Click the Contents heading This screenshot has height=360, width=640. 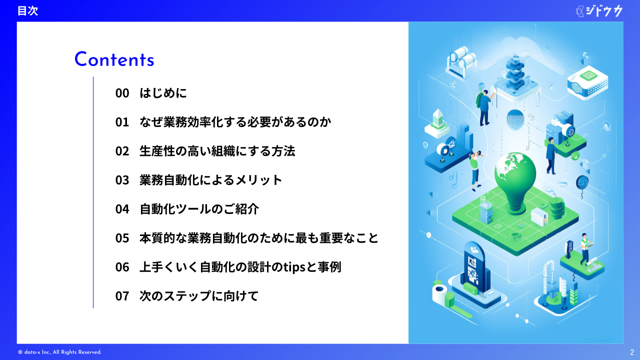pyautogui.click(x=114, y=59)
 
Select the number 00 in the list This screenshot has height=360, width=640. pyautogui.click(x=122, y=93)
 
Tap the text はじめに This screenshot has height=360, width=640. pyautogui.click(x=163, y=93)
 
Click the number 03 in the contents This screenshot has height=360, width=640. pyautogui.click(x=122, y=180)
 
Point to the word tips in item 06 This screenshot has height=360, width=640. pyautogui.click(x=294, y=267)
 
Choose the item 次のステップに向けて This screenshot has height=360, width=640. pyautogui.click(x=199, y=295)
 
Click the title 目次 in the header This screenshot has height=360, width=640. pyautogui.click(x=27, y=11)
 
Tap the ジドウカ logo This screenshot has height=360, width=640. pyautogui.click(x=599, y=11)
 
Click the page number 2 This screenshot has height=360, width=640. pyautogui.click(x=632, y=352)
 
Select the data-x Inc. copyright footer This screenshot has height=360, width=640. pyautogui.click(x=59, y=352)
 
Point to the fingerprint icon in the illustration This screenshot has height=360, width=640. pyautogui.click(x=515, y=119)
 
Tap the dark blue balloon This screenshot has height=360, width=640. pyautogui.click(x=582, y=183)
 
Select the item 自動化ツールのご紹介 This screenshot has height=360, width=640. pyautogui.click(x=199, y=209)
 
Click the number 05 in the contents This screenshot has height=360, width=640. pyautogui.click(x=122, y=238)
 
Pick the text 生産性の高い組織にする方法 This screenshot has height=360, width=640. pyautogui.click(x=217, y=151)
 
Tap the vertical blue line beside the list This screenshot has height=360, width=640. pyautogui.click(x=93, y=192)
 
